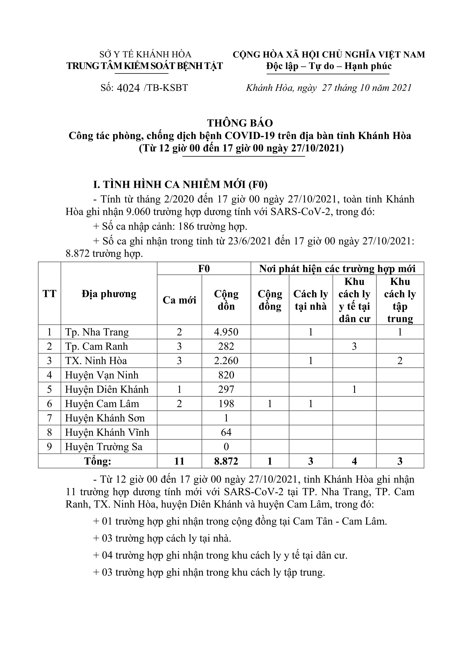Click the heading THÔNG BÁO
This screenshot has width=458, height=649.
point(240,123)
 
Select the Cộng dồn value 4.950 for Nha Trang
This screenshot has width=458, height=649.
point(226,332)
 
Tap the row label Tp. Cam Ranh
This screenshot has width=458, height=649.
point(97,346)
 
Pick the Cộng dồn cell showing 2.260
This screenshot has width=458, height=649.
point(226,361)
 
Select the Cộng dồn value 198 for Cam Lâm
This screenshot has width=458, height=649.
point(226,404)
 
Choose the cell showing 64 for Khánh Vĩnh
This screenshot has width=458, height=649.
point(226,432)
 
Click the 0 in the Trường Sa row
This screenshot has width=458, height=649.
point(226,447)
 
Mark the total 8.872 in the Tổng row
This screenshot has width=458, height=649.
point(226,461)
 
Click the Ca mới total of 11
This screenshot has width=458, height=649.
point(179,461)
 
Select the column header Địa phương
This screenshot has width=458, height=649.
point(109,294)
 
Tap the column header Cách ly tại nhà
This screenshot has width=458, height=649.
point(311,300)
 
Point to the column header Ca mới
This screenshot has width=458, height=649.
point(179,300)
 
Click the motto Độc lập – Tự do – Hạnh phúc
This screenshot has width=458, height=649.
point(329,66)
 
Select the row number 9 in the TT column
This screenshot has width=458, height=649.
point(49,447)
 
